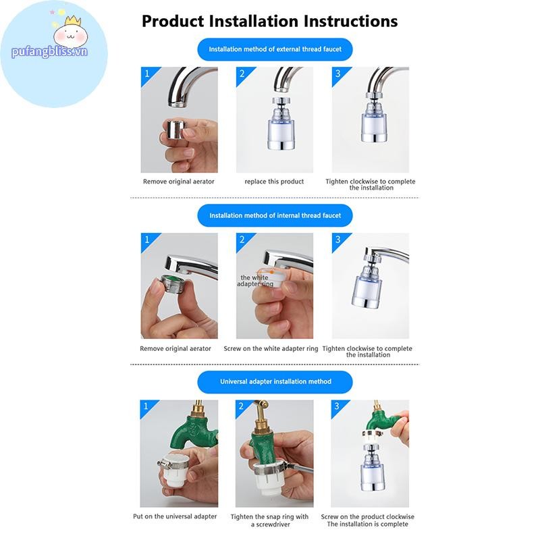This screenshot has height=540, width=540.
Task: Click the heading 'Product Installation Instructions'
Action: pyautogui.click(x=269, y=22)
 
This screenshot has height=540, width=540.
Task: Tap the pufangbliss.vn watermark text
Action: pyautogui.click(x=49, y=52)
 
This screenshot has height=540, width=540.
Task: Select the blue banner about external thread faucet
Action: pyautogui.click(x=275, y=49)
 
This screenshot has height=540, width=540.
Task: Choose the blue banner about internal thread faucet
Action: pyautogui.click(x=275, y=215)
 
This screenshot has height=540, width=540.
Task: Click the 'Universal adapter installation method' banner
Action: pyautogui.click(x=275, y=381)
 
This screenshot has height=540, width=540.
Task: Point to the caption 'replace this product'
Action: pyautogui.click(x=274, y=182)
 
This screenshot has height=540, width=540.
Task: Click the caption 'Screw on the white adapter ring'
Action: pyautogui.click(x=271, y=348)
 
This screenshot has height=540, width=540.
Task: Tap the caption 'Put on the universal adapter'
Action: pyautogui.click(x=175, y=516)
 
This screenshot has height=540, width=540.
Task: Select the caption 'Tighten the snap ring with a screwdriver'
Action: pyautogui.click(x=269, y=520)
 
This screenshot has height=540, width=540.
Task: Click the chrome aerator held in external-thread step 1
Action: pyautogui.click(x=175, y=132)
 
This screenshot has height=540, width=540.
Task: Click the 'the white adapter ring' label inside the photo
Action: pyautogui.click(x=255, y=281)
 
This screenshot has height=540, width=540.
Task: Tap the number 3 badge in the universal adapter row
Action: pyautogui.click(x=337, y=406)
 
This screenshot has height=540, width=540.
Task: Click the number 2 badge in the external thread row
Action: pyautogui.click(x=242, y=74)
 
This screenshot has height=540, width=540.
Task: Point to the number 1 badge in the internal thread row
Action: pyautogui.click(x=147, y=240)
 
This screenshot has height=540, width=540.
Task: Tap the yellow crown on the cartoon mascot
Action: pyautogui.click(x=73, y=21)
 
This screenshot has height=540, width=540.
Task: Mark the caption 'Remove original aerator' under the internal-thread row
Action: pyautogui.click(x=175, y=348)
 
